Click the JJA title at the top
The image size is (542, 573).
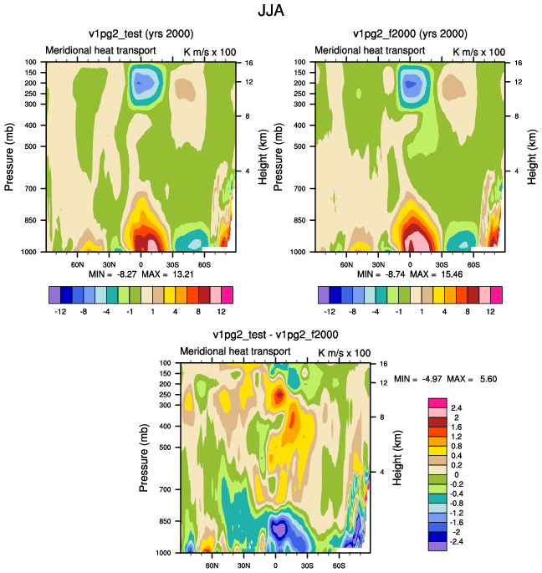point(271,10)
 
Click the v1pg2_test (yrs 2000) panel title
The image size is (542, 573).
point(141,34)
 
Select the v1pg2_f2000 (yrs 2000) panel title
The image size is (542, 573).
point(410,34)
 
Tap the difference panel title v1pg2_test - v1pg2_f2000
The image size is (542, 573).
point(275,335)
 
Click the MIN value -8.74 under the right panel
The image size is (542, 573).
point(395,274)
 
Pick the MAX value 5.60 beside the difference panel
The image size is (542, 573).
point(488,379)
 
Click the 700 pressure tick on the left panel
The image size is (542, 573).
point(31,188)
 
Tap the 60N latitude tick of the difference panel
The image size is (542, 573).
point(212,565)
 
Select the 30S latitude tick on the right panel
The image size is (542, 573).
point(442,264)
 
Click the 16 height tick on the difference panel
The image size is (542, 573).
point(383,364)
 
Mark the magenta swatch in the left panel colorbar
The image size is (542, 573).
point(227,295)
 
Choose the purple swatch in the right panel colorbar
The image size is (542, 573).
point(324,295)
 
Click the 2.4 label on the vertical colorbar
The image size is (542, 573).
point(457,408)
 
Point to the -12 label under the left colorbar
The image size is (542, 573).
point(60,312)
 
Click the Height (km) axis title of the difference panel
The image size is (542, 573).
point(397,458)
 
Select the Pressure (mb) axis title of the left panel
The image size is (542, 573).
point(9,156)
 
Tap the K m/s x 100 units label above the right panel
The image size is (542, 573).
point(478,52)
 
